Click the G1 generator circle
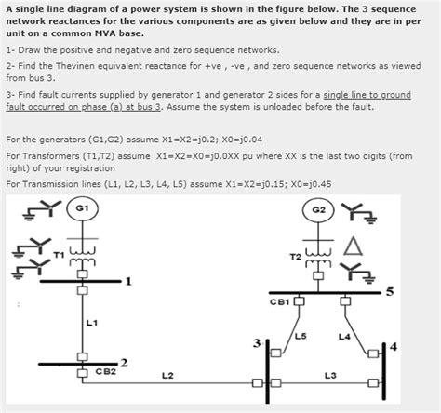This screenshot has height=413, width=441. pyautogui.click(x=82, y=208)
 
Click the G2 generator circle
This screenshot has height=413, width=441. pyautogui.click(x=318, y=210)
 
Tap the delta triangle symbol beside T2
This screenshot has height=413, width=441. pyautogui.click(x=353, y=246)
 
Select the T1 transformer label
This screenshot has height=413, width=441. pyautogui.click(x=59, y=255)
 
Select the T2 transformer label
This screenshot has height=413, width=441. pyautogui.click(x=296, y=257)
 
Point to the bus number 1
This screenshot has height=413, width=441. pyautogui.click(x=128, y=281)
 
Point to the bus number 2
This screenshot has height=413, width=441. pyautogui.click(x=124, y=363)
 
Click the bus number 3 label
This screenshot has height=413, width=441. pyautogui.click(x=257, y=343)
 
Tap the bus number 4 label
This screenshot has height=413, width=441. pyautogui.click(x=394, y=347)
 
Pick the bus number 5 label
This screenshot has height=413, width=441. pyautogui.click(x=390, y=292)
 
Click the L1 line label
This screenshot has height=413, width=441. pyautogui.click(x=92, y=323)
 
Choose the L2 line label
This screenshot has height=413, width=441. pyautogui.click(x=167, y=376)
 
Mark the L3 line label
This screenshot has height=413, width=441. pyautogui.click(x=330, y=376)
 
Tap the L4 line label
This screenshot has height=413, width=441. pyautogui.click(x=344, y=337)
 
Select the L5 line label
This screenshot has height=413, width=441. pyautogui.click(x=301, y=336)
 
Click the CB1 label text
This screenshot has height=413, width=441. pyautogui.click(x=280, y=301)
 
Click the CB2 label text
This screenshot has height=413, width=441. pyautogui.click(x=106, y=371)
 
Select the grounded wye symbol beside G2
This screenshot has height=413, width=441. pyautogui.click(x=358, y=212)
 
